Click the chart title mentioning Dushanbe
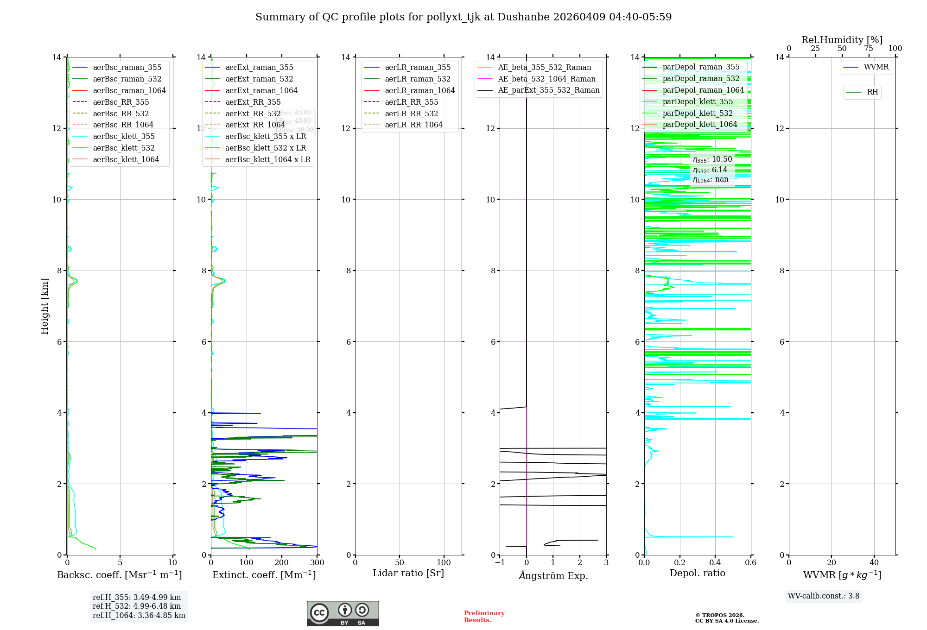[463, 17]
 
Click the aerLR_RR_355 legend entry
[411, 102]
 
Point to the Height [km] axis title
[44, 306]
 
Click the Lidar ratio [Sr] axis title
[408, 573]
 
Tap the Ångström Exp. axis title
[553, 575]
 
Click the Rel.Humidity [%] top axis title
[842, 40]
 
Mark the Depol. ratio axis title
[697, 573]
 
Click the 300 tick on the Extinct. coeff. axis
[317, 563]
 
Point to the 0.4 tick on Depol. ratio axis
[715, 563]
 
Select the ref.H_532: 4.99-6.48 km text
[137, 606]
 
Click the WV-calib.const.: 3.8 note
[824, 596]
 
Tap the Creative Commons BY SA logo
[343, 613]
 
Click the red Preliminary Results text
[484, 617]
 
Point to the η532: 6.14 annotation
[710, 170]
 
